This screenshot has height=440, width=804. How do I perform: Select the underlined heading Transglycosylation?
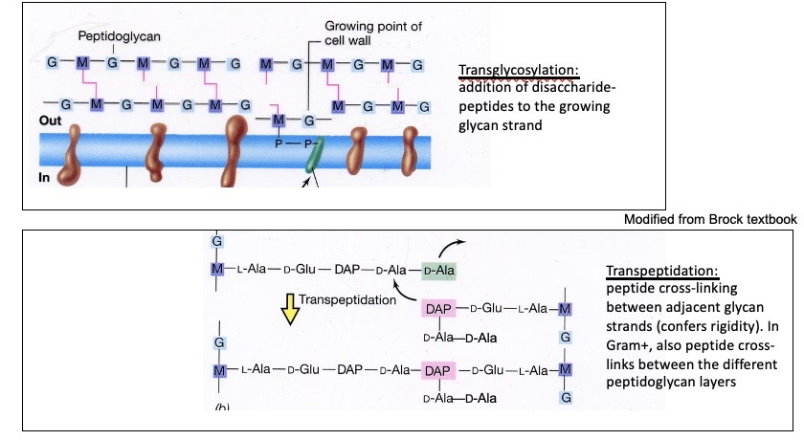coord(520,71)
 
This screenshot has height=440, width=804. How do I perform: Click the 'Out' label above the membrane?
coord(50,121)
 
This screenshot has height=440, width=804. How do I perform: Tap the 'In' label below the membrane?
coord(44,177)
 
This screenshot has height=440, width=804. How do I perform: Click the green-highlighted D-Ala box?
coord(439,271)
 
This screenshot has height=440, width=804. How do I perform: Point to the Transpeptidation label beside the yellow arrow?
coord(346,299)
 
